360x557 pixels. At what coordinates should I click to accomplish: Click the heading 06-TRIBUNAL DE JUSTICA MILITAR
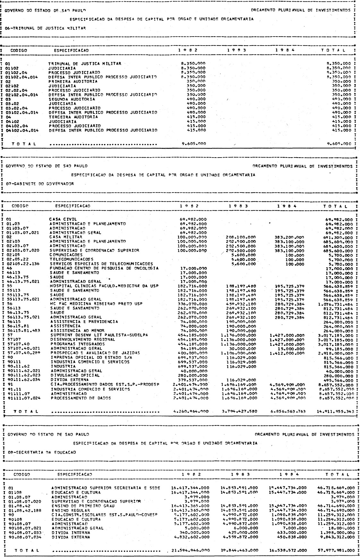point(45,28)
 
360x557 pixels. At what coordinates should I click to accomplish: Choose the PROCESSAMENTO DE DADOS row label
point(81,398)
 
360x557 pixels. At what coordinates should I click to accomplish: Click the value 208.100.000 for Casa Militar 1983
point(241,237)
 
